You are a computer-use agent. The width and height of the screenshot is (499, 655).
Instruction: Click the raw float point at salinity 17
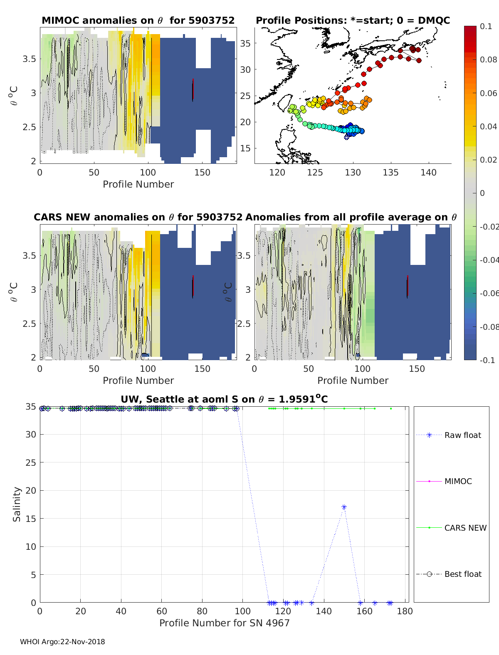tap(344, 507)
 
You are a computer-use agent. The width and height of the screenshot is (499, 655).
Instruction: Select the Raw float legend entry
tap(462, 435)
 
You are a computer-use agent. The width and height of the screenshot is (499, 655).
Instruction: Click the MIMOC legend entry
tap(458, 481)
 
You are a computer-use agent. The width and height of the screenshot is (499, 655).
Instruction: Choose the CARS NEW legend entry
tap(465, 528)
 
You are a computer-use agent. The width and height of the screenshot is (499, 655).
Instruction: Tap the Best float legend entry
tap(462, 574)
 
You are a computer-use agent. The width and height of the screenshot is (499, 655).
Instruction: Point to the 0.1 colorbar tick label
tap(486, 26)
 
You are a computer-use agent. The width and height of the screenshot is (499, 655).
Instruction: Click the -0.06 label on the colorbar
tap(489, 293)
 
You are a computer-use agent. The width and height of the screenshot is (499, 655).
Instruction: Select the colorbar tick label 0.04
tap(488, 126)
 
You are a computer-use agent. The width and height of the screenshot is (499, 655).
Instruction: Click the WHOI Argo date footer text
tap(62, 642)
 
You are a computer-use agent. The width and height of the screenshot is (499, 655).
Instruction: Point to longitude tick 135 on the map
tap(391, 173)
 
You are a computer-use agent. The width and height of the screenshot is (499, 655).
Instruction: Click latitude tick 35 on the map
tap(245, 43)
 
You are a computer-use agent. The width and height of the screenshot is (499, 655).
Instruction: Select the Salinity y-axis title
tap(17, 504)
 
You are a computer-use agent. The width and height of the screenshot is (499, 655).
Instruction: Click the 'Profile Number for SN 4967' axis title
tap(224, 623)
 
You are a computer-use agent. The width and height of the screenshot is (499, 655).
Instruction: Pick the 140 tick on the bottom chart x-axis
tap(324, 611)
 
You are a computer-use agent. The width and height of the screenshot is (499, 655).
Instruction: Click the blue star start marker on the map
tap(347, 136)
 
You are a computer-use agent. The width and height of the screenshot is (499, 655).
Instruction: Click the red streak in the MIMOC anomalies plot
tap(193, 89)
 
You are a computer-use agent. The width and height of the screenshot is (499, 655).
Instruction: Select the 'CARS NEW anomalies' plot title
tap(138, 217)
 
